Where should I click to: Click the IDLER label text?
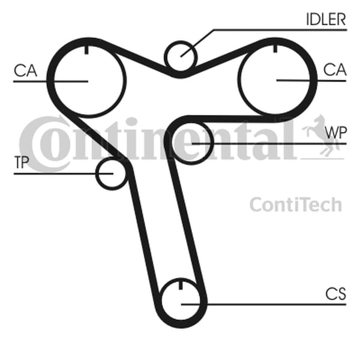click(326, 19)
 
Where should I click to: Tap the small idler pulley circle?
click(181, 56)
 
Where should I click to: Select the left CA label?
click(25, 70)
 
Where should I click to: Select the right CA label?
click(335, 70)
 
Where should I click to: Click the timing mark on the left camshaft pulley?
click(86, 50)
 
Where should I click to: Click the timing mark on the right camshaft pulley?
click(275, 49)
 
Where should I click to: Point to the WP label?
click(335, 133)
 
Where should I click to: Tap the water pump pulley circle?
click(191, 143)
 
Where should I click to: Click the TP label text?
click(22, 163)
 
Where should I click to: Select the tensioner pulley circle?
click(112, 173)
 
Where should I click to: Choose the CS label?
click(335, 294)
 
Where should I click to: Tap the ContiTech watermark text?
click(296, 205)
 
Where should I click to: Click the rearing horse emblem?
click(321, 136)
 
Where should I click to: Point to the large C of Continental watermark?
click(45, 144)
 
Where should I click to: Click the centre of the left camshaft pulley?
click(88, 81)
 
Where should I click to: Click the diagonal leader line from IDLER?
click(197, 43)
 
